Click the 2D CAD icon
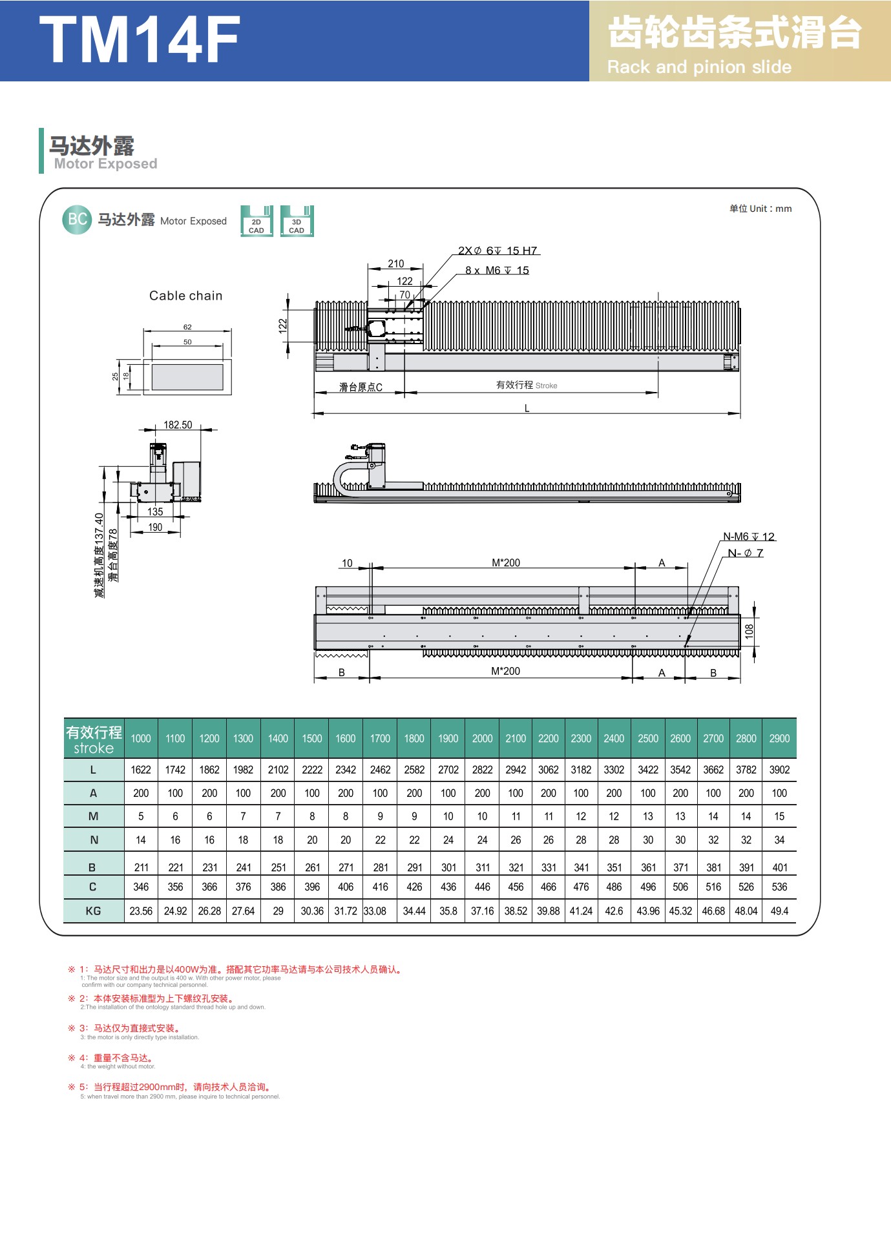coord(257,221)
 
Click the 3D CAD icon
coord(297,221)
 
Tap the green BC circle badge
coord(77,220)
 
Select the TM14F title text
coord(140,39)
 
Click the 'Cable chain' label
coord(186,296)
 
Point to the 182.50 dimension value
coord(178,425)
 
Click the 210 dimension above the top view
coord(396,263)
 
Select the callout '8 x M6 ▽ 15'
coord(497,271)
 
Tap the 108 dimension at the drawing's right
coord(749,631)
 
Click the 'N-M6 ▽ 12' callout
coord(749,537)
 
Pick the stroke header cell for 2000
coord(482,738)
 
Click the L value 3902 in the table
coord(779,770)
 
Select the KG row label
coord(93,911)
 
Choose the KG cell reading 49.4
coord(779,911)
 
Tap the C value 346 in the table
coord(141,887)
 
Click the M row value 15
coord(779,816)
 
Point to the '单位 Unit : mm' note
coord(760,209)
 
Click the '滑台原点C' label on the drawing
coord(361,387)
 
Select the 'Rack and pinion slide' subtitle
coord(699,67)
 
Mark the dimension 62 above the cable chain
coord(187,327)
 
